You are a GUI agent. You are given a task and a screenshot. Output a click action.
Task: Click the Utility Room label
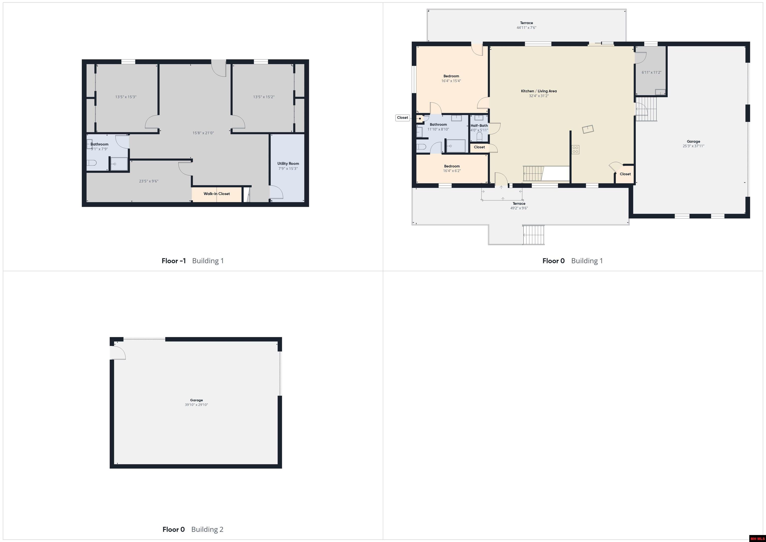288,164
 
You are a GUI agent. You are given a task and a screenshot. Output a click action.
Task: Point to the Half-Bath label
479,126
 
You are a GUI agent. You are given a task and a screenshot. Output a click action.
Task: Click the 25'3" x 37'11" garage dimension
694,146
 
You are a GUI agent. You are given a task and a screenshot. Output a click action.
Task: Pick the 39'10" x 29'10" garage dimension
196,405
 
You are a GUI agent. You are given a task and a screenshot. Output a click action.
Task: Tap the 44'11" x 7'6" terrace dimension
526,28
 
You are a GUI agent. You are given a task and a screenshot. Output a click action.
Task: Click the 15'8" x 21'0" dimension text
203,133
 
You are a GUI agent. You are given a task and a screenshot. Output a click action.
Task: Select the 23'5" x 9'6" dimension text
149,181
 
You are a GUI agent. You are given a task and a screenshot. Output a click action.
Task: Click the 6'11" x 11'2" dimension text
652,72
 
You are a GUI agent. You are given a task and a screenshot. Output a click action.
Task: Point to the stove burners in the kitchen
575,149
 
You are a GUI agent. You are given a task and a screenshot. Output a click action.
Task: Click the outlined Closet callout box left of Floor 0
403,118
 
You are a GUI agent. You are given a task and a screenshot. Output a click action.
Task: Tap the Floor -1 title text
174,261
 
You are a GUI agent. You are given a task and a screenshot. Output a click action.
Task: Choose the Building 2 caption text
207,529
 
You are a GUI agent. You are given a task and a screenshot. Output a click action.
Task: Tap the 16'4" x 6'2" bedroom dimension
452,171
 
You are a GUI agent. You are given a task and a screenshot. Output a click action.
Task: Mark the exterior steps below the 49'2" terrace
533,235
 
